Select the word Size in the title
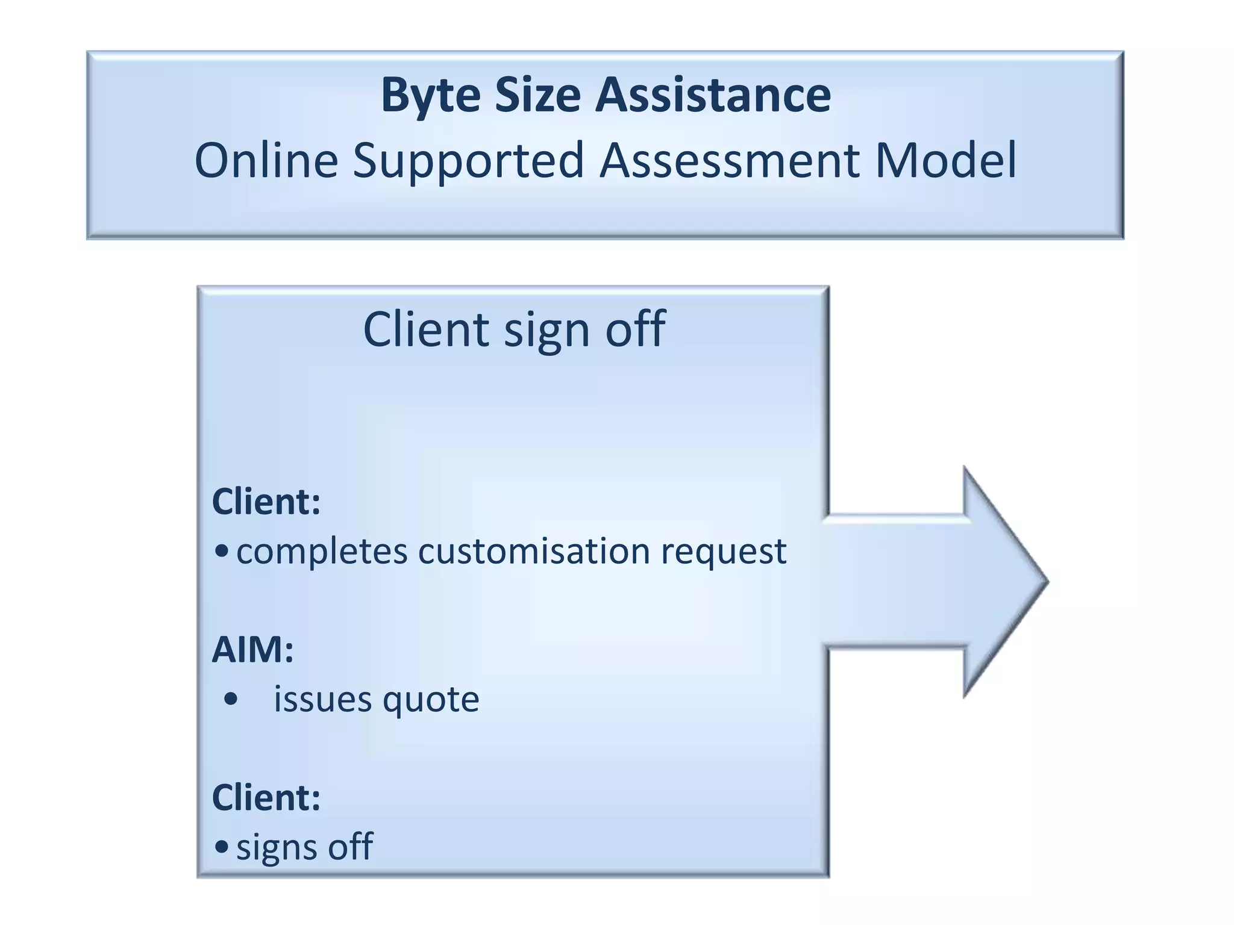(x=537, y=95)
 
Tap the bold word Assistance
(x=713, y=95)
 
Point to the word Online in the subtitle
(x=266, y=160)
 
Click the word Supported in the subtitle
(x=468, y=161)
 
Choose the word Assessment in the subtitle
(x=729, y=160)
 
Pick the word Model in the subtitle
(x=946, y=160)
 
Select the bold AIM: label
(x=252, y=650)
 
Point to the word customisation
(x=534, y=552)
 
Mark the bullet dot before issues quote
(x=230, y=700)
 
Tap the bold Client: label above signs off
(x=266, y=798)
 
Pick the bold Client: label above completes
(x=266, y=502)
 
